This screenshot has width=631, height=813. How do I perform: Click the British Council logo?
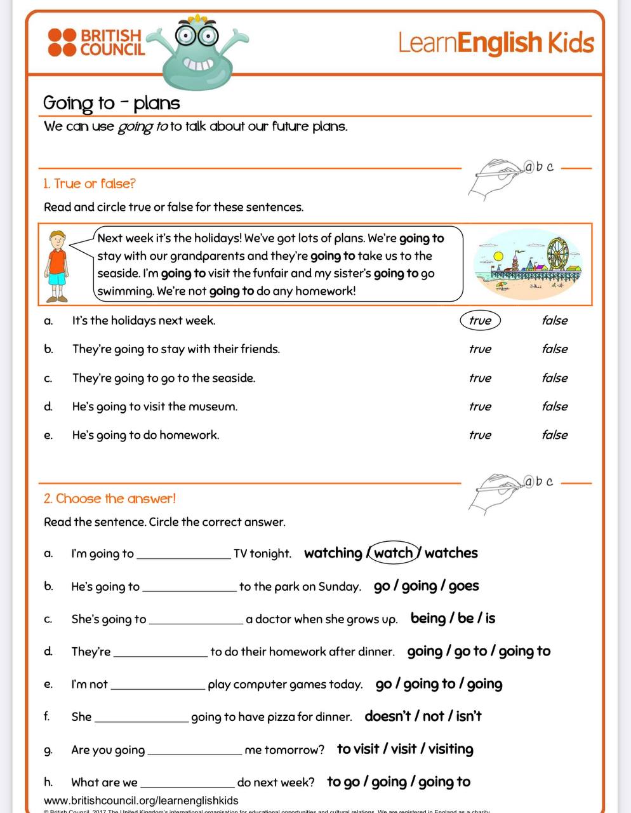point(96,42)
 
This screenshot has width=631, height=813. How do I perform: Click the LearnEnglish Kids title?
point(496,43)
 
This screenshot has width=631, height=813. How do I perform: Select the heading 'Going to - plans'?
point(112,103)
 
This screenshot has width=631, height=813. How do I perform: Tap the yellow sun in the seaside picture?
point(498,256)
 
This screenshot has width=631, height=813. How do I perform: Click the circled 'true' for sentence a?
point(480,321)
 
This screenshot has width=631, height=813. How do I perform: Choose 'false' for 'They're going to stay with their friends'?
point(554,349)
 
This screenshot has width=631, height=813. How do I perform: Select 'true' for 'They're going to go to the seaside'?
point(480,378)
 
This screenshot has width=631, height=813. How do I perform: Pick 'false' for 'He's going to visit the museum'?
point(554,406)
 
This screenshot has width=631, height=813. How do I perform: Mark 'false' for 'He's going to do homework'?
point(554,435)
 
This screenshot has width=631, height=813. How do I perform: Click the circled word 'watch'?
point(394,553)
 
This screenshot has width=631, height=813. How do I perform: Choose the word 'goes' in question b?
point(463,586)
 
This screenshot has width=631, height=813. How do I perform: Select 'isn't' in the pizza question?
point(468,716)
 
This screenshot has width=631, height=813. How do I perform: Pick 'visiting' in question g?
point(451,749)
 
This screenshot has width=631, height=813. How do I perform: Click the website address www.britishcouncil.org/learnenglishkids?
point(141,800)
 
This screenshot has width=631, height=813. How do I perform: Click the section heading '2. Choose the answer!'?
point(109,499)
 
